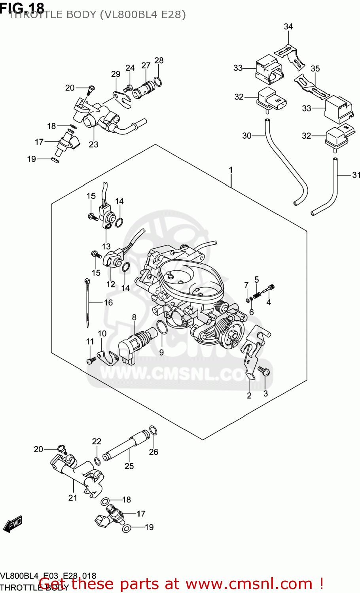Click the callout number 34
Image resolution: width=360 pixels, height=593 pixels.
point(288,26)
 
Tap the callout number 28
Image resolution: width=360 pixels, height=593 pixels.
point(159,60)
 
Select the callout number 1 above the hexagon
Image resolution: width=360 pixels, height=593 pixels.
point(231,170)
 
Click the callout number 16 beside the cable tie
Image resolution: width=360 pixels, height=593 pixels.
point(108,302)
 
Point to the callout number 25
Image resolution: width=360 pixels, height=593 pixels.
point(129,466)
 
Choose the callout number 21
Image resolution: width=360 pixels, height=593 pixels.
point(73,498)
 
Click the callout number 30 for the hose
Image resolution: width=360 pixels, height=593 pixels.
point(246,136)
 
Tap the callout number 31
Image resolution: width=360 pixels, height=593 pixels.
point(356,175)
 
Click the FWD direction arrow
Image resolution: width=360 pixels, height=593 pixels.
point(13,524)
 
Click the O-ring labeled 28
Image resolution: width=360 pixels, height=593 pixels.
point(157,81)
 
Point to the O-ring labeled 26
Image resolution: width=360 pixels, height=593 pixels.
point(153,431)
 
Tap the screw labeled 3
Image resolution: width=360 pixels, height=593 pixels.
point(264,370)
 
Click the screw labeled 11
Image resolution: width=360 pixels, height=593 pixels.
point(91,360)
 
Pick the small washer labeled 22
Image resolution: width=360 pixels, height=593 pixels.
point(97,461)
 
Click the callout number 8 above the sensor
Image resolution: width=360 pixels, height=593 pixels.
point(134,317)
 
